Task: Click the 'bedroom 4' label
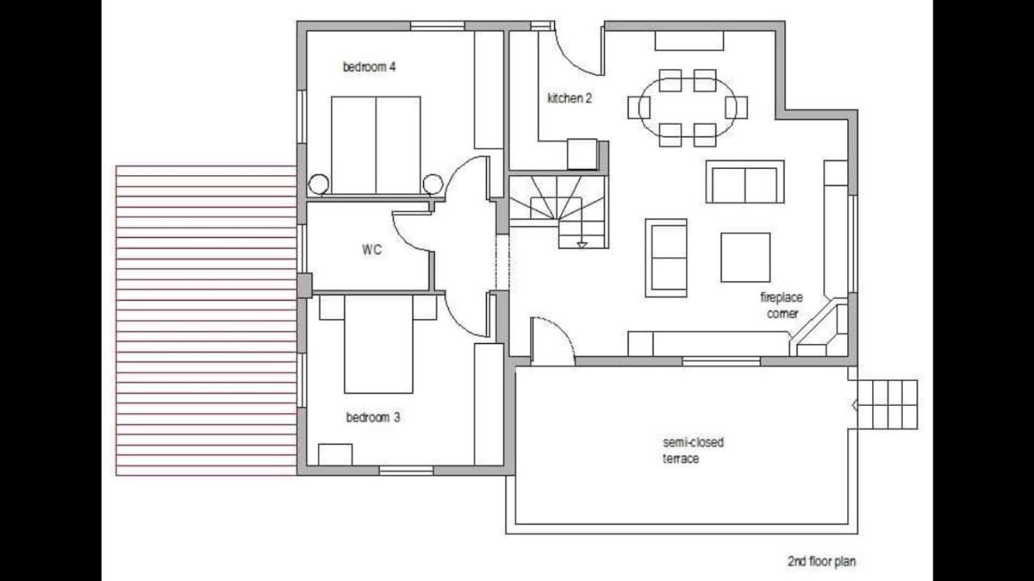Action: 369,67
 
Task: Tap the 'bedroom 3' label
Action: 373,418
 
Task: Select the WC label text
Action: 371,250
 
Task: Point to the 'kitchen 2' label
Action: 570,98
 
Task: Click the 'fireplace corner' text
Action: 781,305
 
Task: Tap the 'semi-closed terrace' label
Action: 693,450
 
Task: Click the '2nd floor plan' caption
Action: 822,562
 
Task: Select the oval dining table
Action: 688,108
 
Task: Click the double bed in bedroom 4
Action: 376,146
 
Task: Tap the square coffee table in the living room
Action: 746,257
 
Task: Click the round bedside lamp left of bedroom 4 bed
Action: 319,184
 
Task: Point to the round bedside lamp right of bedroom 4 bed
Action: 433,184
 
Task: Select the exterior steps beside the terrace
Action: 885,404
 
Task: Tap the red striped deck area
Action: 206,320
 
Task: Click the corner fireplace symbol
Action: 820,329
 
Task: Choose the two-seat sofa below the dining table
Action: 745,182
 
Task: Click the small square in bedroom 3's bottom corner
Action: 335,455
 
